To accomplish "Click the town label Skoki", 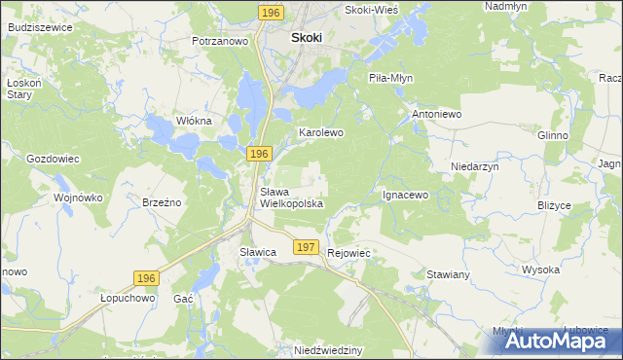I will (306, 38).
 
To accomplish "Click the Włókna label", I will (193, 121).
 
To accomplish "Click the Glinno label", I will (552, 136).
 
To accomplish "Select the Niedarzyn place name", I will (475, 166).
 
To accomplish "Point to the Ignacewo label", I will (405, 195).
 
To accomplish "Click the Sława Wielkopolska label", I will (290, 198).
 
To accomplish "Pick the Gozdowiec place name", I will (53, 158).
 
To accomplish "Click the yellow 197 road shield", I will (306, 248).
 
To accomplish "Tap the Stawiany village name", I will (449, 274).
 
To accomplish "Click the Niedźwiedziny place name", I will (328, 349).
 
